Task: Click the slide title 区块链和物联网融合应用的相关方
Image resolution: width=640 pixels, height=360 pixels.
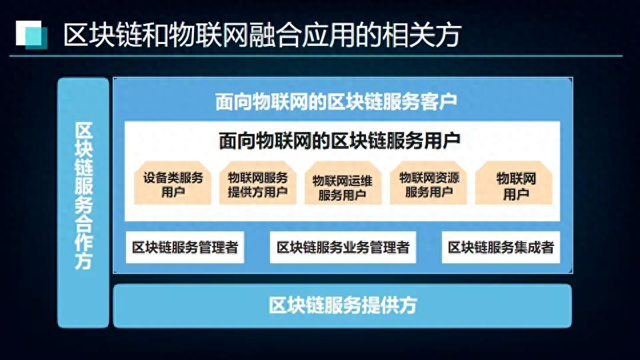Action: (262, 34)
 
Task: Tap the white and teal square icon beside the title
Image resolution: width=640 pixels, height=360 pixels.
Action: (31, 35)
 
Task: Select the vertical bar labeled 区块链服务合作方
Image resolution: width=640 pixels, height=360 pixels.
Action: (83, 203)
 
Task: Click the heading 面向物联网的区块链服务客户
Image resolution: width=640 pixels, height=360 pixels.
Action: (336, 101)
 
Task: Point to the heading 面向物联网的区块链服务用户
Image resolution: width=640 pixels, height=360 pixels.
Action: (339, 141)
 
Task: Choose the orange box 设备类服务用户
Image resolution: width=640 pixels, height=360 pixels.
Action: (173, 183)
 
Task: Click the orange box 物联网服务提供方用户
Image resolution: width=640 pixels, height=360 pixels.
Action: (257, 183)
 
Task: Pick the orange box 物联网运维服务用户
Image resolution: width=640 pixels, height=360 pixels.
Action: (343, 183)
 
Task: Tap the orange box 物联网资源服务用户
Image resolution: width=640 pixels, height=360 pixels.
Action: (429, 183)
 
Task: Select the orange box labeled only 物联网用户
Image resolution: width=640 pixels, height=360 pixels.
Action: (514, 183)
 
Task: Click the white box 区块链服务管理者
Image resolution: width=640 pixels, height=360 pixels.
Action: (185, 247)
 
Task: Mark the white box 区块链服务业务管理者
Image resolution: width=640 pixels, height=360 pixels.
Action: (343, 247)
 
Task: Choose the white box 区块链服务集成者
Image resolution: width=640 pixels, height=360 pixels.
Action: (501, 247)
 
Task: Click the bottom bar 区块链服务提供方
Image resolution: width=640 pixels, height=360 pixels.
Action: (343, 306)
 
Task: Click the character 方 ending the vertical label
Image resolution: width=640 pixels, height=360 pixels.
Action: (83, 260)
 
